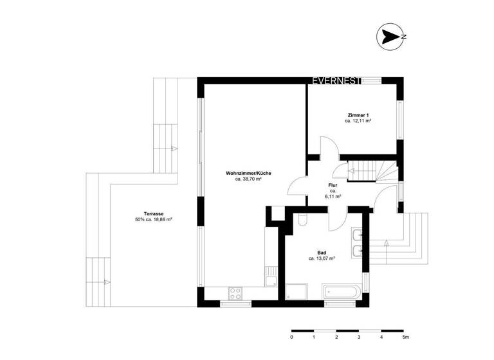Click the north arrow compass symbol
tap(390, 37)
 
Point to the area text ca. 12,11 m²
tap(359, 121)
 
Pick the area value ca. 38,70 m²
tap(248, 180)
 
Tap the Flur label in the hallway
tap(333, 185)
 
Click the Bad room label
tap(322, 253)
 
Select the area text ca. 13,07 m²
tap(322, 259)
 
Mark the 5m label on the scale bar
tap(405, 337)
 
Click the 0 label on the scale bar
tap(291, 337)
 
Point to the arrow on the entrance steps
tap(385, 244)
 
